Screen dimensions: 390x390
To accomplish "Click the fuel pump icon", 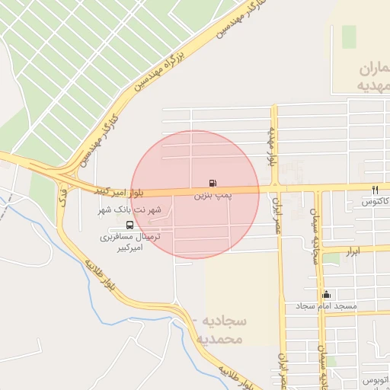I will (213, 183).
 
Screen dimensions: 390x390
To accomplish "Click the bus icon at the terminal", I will (129, 225).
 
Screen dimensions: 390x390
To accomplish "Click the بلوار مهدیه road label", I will (271, 147).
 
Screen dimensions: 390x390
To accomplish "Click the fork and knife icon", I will (374, 189).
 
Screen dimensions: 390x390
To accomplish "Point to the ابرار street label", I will (351, 251).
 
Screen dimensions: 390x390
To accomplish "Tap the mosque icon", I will (327, 294).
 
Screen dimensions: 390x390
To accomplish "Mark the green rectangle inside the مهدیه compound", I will (349, 36).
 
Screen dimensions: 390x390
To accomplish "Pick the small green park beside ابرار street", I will (331, 259).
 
